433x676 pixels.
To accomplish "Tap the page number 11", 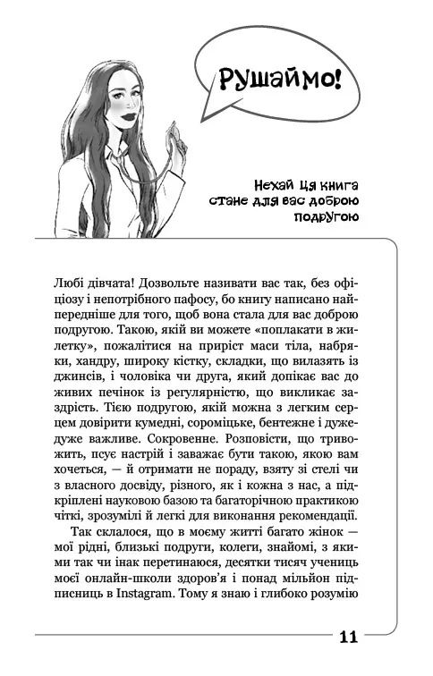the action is point(349,637).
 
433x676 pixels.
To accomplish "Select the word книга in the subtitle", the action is point(335,184).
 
